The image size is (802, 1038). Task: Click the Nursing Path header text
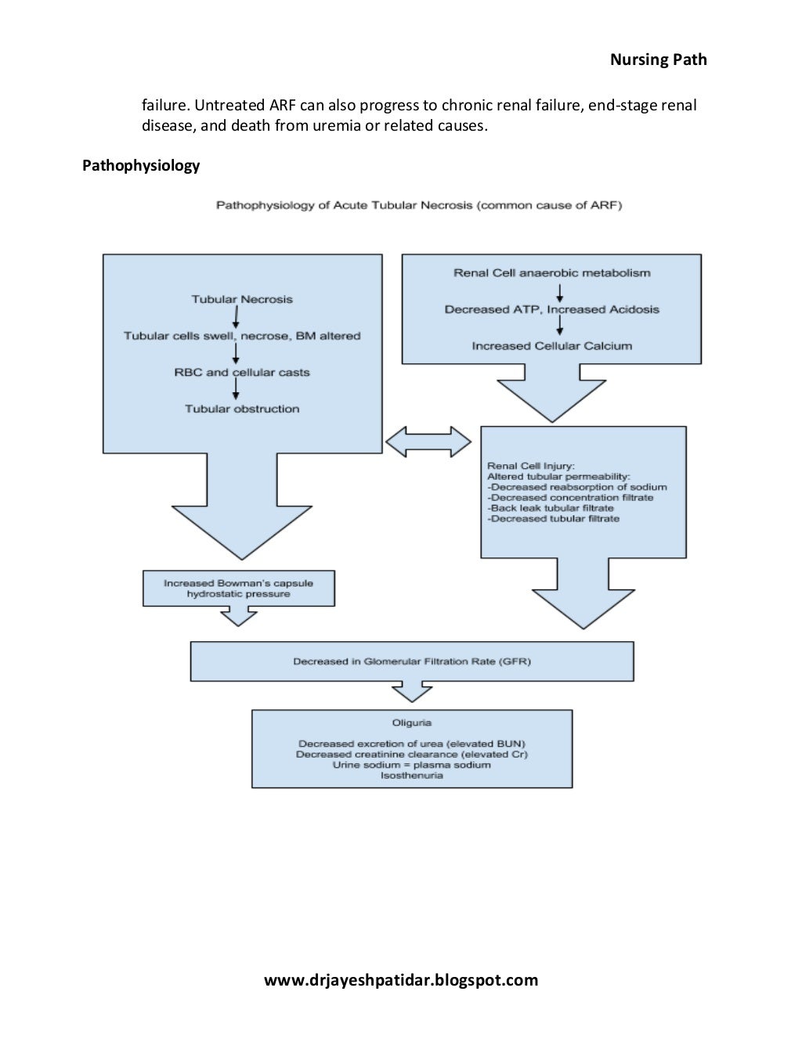click(x=658, y=59)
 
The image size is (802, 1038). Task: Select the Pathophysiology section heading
click(x=141, y=165)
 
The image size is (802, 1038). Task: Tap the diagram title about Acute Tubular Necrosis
click(x=419, y=205)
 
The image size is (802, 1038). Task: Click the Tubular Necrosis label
click(x=242, y=299)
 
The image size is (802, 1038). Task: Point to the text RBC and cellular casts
click(x=242, y=373)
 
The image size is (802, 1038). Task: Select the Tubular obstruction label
click(x=242, y=409)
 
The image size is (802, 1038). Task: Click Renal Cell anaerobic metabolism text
click(x=552, y=273)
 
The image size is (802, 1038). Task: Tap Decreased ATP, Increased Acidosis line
click(x=552, y=309)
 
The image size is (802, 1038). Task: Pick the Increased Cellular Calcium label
click(x=552, y=346)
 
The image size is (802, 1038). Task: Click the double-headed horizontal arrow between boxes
click(x=428, y=442)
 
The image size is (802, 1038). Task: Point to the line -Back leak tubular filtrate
click(x=551, y=508)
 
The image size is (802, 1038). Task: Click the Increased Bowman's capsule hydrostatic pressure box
click(x=238, y=589)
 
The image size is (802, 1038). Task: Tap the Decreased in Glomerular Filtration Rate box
click(x=412, y=661)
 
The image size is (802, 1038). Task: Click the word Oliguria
click(x=412, y=723)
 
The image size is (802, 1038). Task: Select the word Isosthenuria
click(x=412, y=776)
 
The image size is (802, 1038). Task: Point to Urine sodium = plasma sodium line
click(x=412, y=765)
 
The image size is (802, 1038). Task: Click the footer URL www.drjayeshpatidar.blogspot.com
click(x=401, y=980)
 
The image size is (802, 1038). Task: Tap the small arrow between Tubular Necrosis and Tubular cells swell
click(x=236, y=317)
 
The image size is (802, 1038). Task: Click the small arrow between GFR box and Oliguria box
click(x=412, y=691)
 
